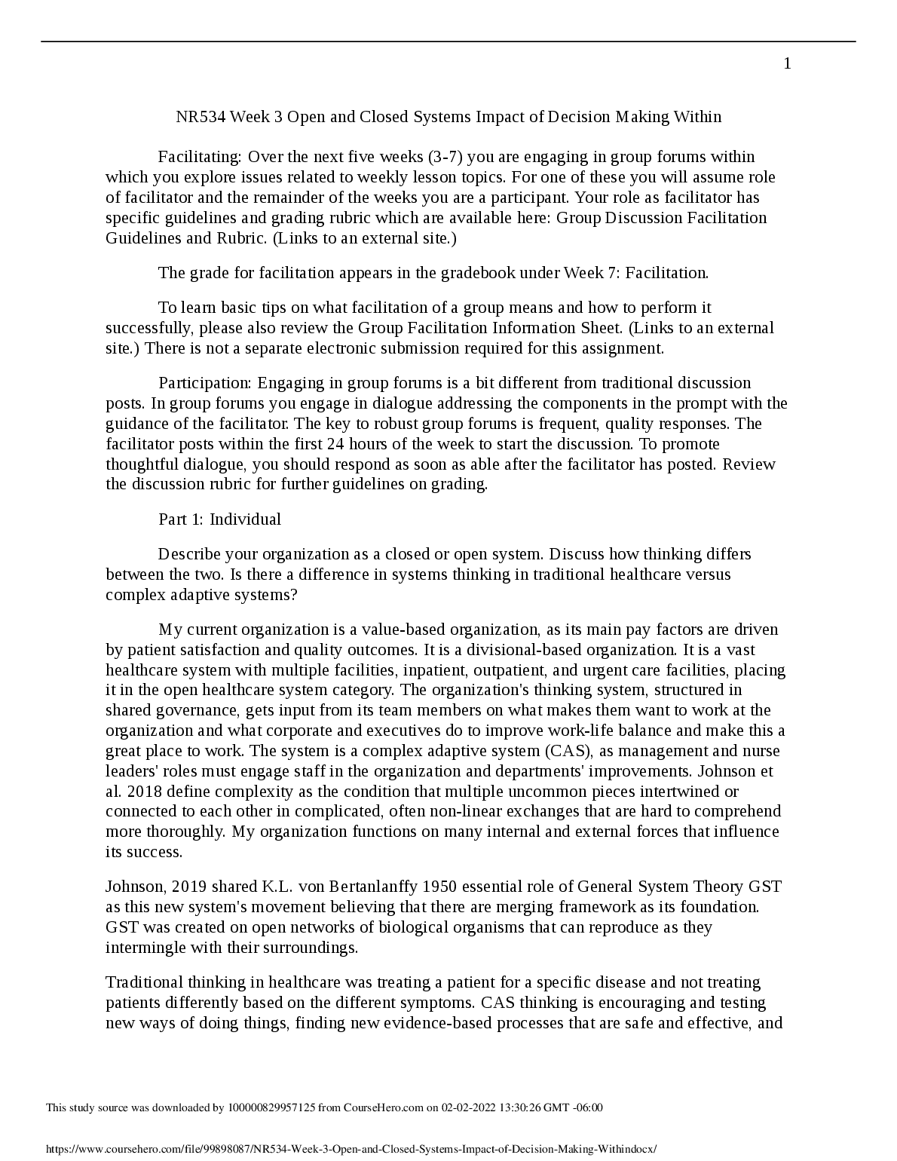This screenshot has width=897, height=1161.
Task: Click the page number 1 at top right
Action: (787, 64)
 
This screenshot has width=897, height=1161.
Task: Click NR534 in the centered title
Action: (201, 117)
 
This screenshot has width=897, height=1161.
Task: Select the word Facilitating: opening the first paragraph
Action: (200, 157)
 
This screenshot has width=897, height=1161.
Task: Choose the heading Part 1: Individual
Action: (219, 519)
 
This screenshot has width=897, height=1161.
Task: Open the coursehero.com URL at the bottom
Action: (351, 1149)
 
